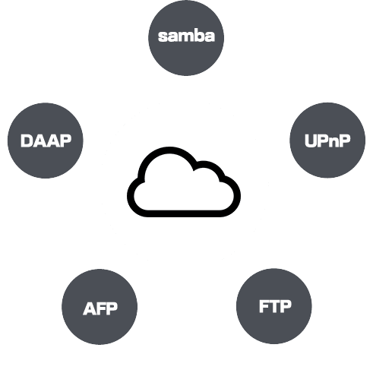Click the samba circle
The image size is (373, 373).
click(186, 37)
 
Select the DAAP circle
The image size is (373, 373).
click(46, 141)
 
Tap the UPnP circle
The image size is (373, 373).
click(327, 140)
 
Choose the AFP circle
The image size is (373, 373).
click(100, 307)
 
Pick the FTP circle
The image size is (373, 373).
click(274, 306)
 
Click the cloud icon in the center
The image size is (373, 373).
click(184, 182)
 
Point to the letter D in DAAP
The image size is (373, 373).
click(27, 141)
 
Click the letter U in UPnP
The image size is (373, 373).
click(311, 141)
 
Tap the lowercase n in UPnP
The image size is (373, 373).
click(334, 142)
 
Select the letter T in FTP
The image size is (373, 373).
click(275, 306)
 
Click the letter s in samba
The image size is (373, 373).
click(163, 37)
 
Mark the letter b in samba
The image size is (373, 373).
click(200, 36)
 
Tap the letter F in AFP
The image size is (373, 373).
click(100, 308)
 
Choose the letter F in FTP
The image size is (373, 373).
click(264, 306)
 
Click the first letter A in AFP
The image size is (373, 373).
click(89, 308)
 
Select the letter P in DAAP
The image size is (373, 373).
click(65, 141)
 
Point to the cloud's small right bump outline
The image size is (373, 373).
click(207, 163)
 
